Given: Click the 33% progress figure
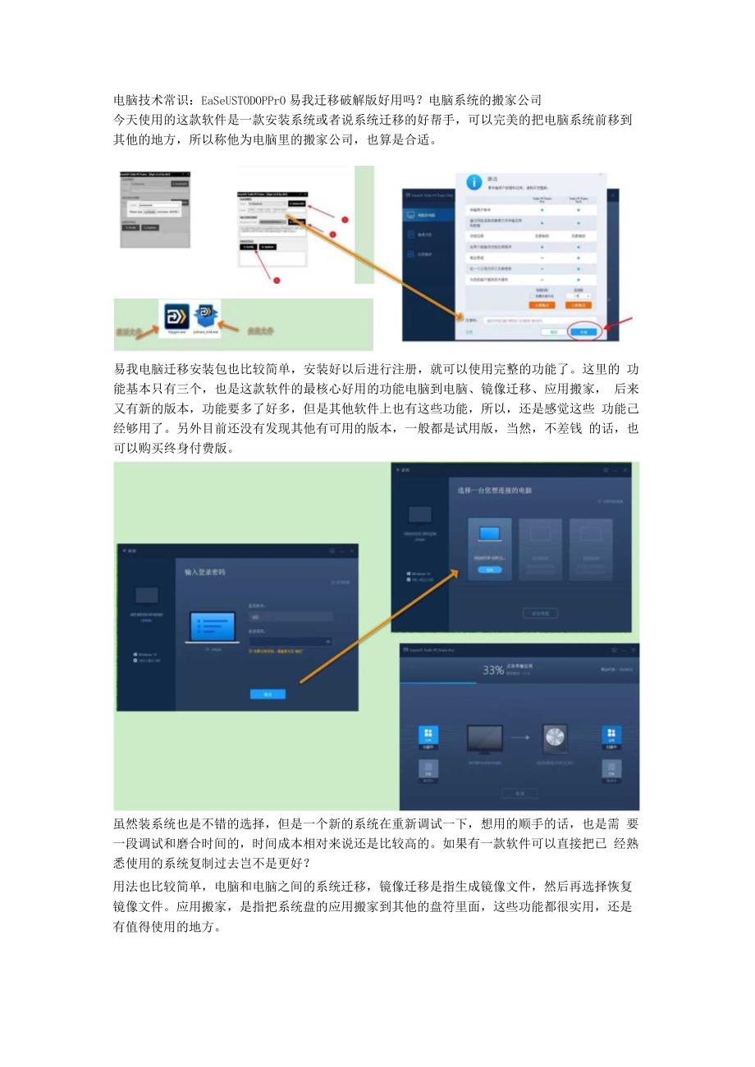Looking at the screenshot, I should pos(492,670).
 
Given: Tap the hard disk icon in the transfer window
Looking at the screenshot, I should pos(555,738).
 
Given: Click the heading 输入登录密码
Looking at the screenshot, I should pos(204,572).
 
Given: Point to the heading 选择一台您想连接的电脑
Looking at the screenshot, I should pos(494,490).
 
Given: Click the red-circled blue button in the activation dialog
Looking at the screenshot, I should pos(583,332).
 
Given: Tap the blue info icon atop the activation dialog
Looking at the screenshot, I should pos(473,183).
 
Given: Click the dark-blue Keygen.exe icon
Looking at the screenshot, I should pos(176,317).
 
